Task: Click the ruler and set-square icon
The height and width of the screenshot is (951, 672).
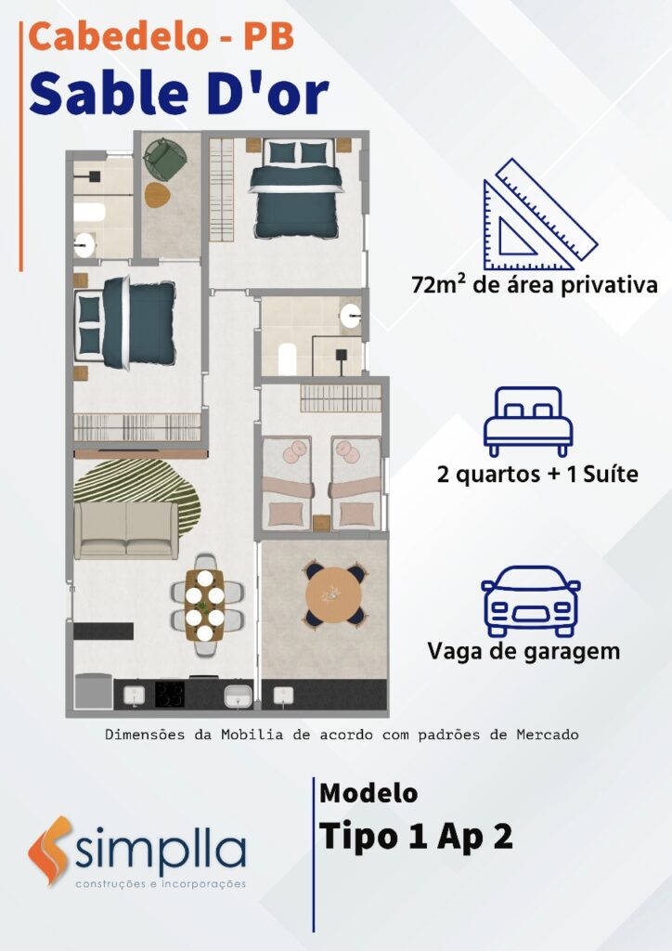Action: tap(539, 215)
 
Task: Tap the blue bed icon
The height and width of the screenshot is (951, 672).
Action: tap(528, 421)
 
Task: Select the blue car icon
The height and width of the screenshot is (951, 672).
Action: tap(530, 601)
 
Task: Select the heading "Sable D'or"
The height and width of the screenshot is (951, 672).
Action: tap(179, 93)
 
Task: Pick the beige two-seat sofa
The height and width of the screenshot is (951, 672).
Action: tap(126, 530)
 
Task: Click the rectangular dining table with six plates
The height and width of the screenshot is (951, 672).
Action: tap(205, 604)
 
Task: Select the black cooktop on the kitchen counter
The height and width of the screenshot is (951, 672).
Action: tap(170, 695)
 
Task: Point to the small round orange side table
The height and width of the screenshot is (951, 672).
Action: tap(158, 195)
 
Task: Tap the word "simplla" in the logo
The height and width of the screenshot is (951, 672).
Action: tap(161, 849)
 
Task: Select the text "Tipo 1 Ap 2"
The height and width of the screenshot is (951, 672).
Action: tap(416, 837)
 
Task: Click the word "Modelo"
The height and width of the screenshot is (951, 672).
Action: tap(368, 793)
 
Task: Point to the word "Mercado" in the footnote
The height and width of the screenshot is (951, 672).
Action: tap(548, 735)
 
